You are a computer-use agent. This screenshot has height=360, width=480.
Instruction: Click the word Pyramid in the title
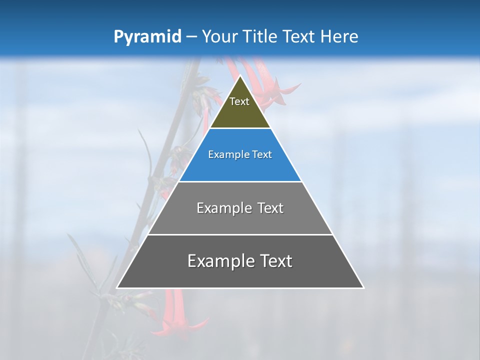[147, 37]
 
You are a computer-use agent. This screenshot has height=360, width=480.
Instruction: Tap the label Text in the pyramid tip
[239, 101]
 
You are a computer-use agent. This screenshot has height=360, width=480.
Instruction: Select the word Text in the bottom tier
[274, 261]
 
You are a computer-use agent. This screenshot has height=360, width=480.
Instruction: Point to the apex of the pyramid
[240, 76]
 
